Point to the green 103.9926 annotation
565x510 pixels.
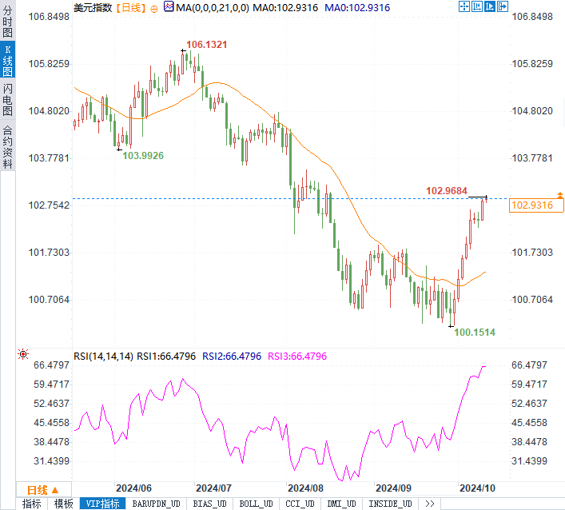click(x=143, y=156)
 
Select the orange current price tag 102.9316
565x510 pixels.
click(x=531, y=205)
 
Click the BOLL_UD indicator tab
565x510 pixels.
click(x=255, y=504)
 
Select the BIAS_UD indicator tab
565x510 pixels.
click(x=211, y=504)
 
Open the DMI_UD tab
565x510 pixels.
click(x=342, y=504)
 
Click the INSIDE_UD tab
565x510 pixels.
click(x=389, y=504)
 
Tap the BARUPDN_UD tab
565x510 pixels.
click(x=157, y=504)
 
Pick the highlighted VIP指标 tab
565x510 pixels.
click(x=102, y=504)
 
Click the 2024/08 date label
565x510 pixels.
click(x=305, y=488)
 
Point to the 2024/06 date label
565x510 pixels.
click(x=133, y=488)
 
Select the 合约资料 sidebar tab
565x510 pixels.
click(x=7, y=147)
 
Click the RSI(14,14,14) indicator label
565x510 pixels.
click(x=103, y=356)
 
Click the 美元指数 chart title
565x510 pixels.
click(x=93, y=7)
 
